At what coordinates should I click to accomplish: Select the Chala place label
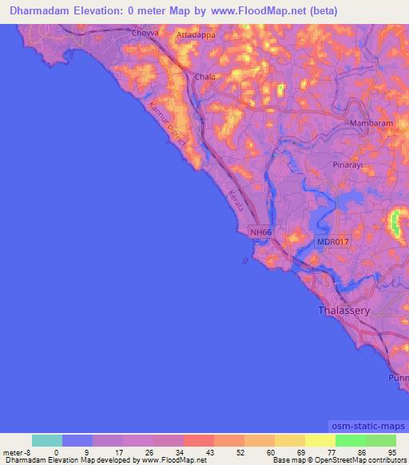coord(203,77)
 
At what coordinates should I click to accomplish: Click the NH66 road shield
coord(260,232)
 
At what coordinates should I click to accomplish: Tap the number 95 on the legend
coord(392,451)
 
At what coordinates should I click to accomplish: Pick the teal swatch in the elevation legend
coord(47,440)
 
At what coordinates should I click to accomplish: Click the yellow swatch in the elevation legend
coord(320,440)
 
